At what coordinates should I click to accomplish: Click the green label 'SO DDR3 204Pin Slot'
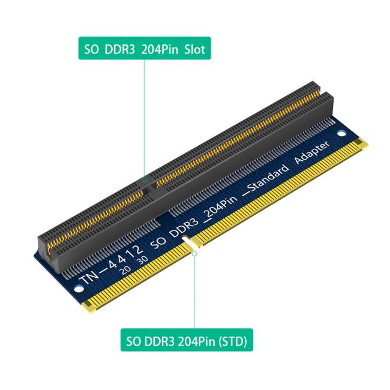click(145, 50)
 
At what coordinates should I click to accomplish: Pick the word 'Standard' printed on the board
click(263, 179)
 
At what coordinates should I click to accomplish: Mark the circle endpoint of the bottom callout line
click(194, 253)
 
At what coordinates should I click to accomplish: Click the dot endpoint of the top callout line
click(144, 179)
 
